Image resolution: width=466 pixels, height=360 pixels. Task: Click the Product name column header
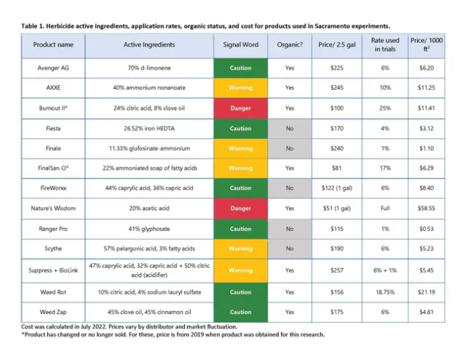pos(55,44)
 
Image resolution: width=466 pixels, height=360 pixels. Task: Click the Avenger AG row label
pos(55,68)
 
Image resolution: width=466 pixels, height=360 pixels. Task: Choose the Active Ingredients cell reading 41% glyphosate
pos(149,228)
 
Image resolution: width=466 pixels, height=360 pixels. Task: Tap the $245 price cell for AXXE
pos(332,88)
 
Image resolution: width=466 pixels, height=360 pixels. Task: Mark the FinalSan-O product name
pos(55,168)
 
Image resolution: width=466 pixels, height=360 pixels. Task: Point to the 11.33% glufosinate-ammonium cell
pos(149,148)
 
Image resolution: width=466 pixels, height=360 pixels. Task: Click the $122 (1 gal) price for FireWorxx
pos(332,188)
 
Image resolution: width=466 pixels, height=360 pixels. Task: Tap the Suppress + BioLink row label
pos(55,270)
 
